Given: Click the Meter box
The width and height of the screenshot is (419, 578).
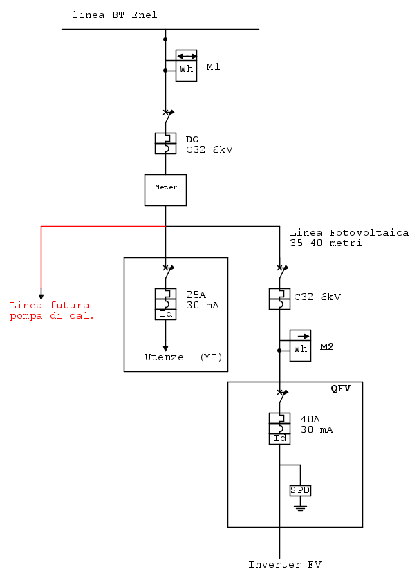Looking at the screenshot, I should [165, 189].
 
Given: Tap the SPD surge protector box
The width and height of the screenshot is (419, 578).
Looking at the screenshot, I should [300, 490].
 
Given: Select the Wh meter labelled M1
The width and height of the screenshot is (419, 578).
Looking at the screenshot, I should [187, 65].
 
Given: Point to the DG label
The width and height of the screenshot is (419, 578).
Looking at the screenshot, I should [192, 139].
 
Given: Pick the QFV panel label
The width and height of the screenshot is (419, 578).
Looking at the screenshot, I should [341, 389].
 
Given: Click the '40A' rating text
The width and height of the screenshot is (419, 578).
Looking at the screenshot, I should [310, 419].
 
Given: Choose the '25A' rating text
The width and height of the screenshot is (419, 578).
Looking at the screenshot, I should [196, 293].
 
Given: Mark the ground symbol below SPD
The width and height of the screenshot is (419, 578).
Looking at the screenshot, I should [300, 507].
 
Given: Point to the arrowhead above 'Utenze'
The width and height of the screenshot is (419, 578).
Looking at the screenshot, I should [165, 348].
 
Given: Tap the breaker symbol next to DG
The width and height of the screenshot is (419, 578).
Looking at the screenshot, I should [165, 143].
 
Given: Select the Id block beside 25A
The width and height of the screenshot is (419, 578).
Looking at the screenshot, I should [165, 315].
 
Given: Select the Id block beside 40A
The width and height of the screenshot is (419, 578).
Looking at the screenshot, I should [279, 439].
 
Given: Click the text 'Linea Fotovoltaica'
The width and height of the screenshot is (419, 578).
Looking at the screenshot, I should [349, 233].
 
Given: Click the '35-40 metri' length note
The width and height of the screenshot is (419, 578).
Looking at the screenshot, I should [326, 243].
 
